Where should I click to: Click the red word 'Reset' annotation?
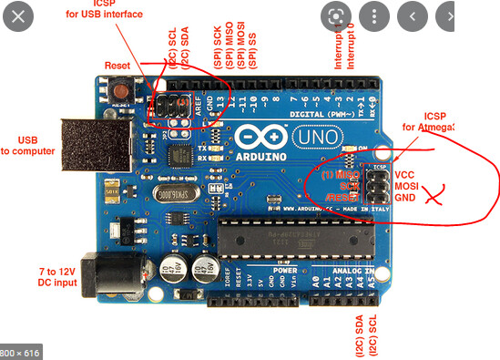click(117, 66)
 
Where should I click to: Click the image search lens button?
click(337, 15)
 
